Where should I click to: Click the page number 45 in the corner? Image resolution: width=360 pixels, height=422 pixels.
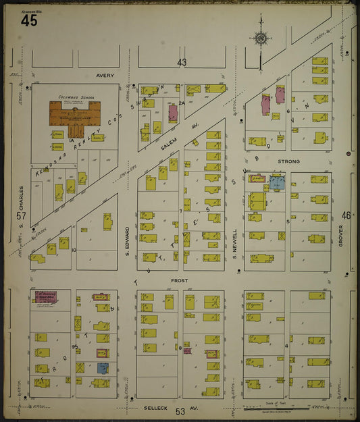coord(29,20)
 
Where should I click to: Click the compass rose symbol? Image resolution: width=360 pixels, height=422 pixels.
coord(260,38)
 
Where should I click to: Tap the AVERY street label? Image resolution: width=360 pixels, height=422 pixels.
coord(105,76)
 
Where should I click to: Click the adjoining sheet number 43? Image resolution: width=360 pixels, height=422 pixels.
coord(182,62)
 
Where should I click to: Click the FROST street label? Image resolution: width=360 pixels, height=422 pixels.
coord(180,280)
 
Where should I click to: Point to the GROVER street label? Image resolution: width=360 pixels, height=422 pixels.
coord(341,235)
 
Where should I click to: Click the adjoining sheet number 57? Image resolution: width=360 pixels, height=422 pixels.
coord(20,216)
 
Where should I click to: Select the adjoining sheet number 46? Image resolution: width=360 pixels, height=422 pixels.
coord(346,215)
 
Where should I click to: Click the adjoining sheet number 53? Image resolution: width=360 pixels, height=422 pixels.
coord(180,411)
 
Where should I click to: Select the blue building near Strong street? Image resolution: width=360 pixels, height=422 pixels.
coord(277,182)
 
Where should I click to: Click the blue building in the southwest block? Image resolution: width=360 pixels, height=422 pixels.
coord(103,368)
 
